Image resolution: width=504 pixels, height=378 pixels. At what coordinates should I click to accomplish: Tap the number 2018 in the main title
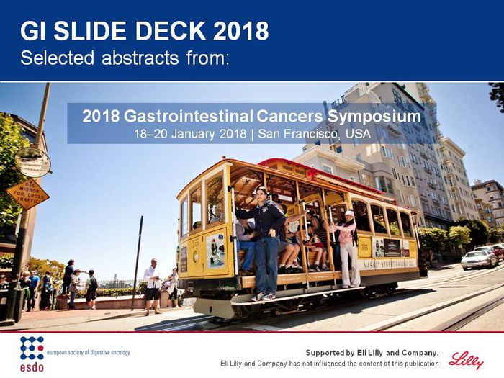point(241,31)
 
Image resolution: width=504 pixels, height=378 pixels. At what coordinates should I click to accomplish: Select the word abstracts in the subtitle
point(140,58)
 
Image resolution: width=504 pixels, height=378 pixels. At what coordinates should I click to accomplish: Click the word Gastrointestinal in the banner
point(189,117)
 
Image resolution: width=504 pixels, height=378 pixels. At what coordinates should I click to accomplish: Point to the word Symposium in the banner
point(374,117)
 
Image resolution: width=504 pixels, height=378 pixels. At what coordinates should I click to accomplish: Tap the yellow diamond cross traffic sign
point(27,194)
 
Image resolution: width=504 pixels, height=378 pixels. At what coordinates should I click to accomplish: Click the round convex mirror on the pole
point(33,162)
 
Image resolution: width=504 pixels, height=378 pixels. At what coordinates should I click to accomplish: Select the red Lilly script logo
point(466,360)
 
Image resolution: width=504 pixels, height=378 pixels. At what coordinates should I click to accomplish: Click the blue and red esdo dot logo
point(32,348)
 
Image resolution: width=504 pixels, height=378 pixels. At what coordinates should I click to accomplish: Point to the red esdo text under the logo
point(32,367)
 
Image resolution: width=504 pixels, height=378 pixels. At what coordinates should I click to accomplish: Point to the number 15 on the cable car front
point(195,243)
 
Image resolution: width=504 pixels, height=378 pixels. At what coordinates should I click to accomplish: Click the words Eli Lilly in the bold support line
point(370,353)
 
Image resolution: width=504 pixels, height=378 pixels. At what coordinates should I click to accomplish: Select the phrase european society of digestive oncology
point(89,352)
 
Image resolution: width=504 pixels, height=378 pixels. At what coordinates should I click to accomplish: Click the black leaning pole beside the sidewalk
point(137,263)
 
